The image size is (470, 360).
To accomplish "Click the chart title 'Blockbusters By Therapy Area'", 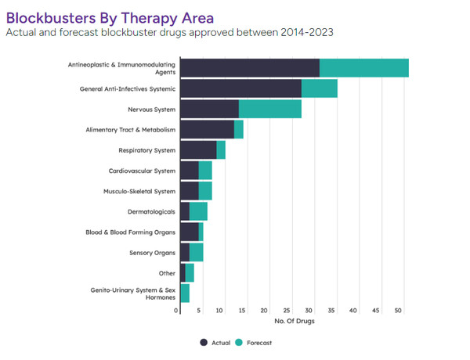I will (109, 16).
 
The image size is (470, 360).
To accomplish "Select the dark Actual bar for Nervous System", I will (209, 109).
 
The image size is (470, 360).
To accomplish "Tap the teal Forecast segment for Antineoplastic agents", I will (363, 68).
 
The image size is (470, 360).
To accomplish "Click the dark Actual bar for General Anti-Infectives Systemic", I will (240, 88).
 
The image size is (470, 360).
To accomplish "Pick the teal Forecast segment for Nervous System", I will (269, 109).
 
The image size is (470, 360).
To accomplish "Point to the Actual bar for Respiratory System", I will (198, 149).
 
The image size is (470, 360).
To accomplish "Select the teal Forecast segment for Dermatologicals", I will (198, 211).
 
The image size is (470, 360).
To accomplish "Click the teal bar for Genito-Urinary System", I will (185, 293).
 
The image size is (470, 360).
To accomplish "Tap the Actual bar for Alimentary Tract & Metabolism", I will (207, 129).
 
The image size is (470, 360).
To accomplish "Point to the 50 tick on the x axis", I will (398, 311).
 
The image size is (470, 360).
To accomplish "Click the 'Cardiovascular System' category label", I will (142, 171).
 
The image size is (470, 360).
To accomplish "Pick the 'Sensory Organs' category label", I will (152, 253).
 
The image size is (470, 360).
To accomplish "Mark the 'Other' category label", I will (167, 273).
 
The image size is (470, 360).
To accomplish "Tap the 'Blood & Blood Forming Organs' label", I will (130, 232).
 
